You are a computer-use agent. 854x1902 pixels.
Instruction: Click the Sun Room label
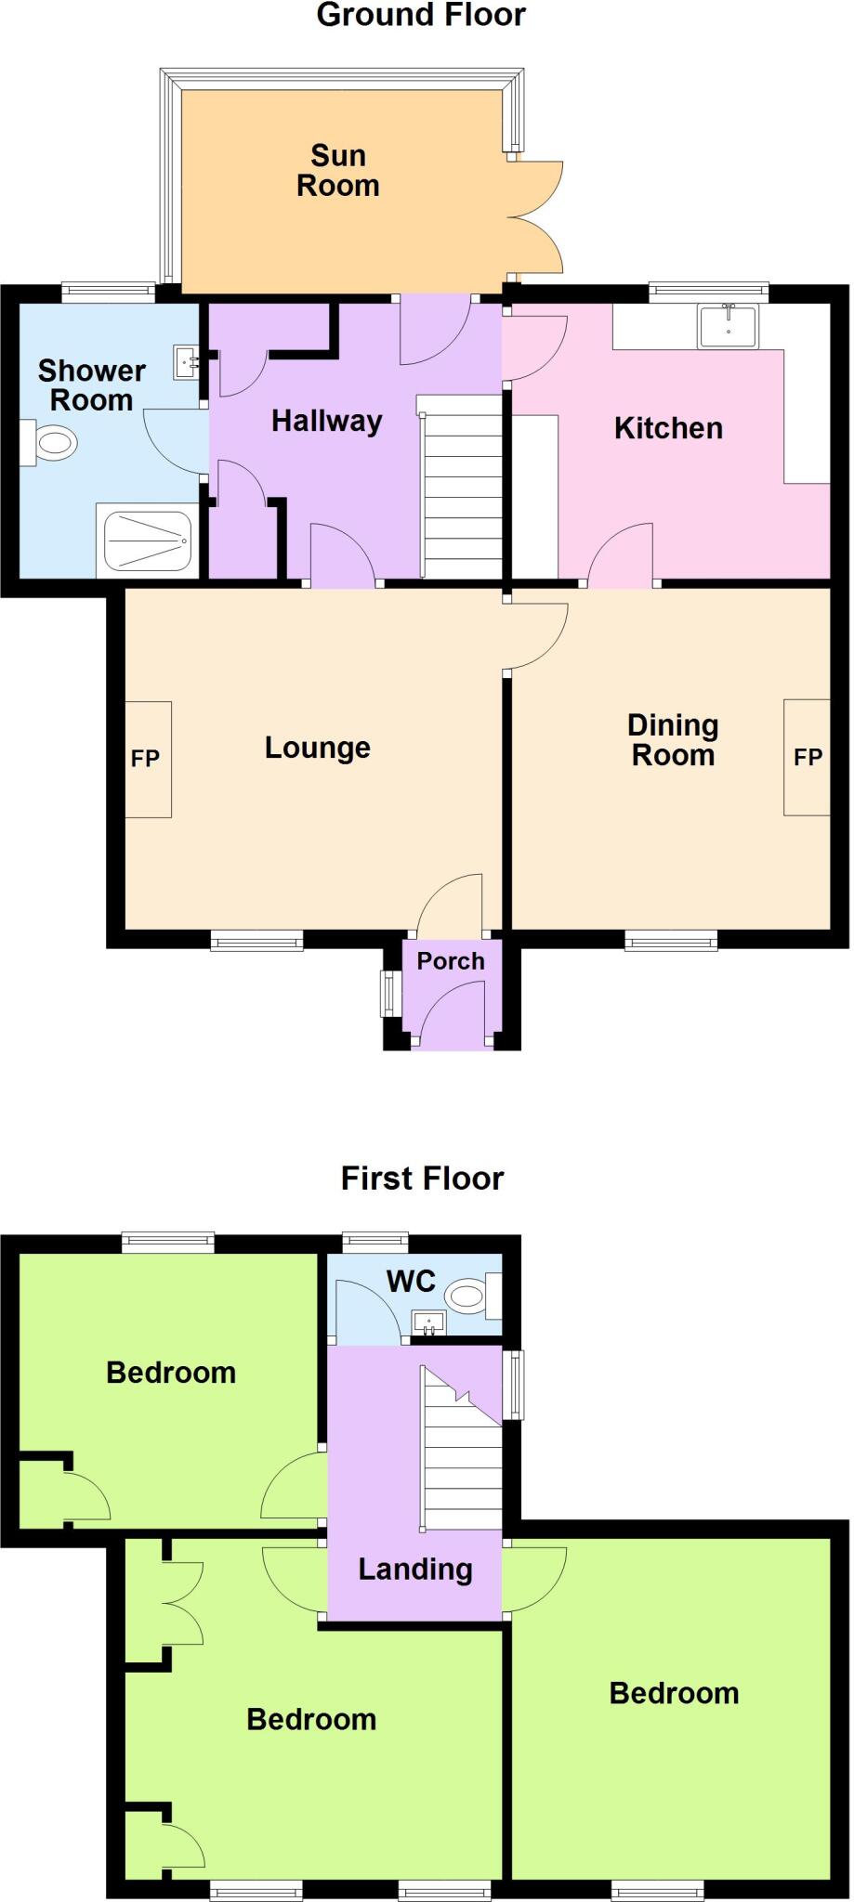337,171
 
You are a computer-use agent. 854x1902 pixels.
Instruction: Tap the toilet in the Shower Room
52,443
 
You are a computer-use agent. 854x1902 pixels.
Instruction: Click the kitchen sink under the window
729,326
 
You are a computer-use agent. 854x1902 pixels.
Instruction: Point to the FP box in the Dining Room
807,757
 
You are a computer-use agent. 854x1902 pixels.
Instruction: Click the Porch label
450,961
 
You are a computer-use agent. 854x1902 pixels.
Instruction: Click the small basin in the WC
428,1322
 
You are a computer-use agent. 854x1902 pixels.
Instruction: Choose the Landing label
415,1570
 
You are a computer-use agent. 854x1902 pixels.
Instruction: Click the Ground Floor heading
421,16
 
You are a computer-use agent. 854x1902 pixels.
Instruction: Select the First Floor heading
422,1179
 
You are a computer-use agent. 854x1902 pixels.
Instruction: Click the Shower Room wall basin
186,362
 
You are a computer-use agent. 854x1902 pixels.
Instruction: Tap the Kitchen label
668,428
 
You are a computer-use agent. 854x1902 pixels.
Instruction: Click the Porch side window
388,994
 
